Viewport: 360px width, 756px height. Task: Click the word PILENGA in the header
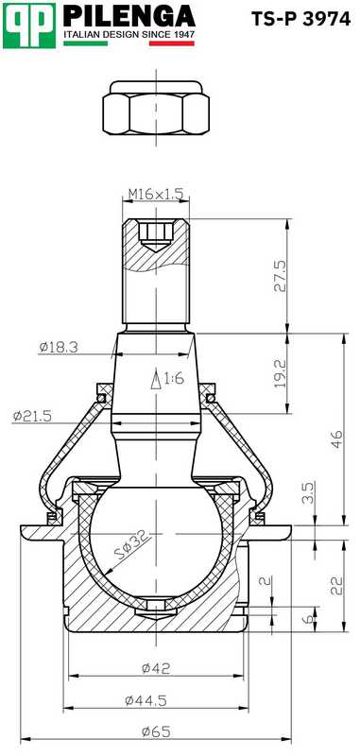pos(129,17)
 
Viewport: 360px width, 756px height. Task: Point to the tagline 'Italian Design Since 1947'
pos(129,34)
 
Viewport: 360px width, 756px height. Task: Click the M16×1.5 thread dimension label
pos(157,195)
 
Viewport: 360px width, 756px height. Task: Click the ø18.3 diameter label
pos(59,347)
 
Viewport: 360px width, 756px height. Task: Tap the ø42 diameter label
pos(157,667)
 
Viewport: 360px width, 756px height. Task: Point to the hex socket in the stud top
pos(157,231)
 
